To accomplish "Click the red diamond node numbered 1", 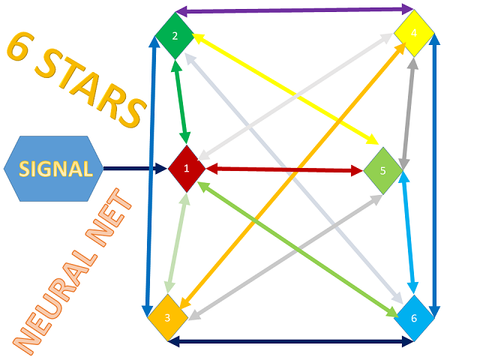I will click(186, 168).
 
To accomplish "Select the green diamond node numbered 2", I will click(175, 36).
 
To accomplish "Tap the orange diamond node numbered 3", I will click(166, 318).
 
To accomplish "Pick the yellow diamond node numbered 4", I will click(414, 34).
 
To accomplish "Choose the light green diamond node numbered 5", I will click(383, 170).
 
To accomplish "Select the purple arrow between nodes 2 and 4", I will click(292, 10).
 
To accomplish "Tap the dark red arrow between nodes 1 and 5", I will click(285, 169).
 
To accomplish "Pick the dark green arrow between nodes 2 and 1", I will click(179, 101).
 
